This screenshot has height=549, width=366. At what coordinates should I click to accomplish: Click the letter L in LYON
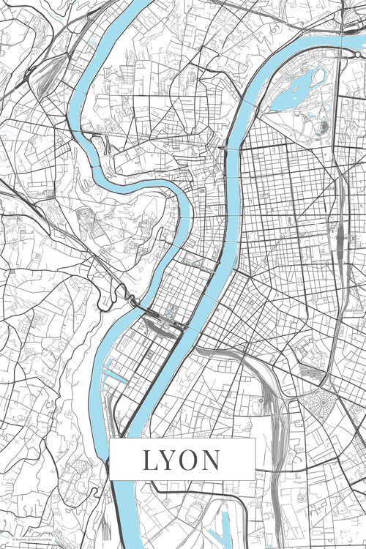pos(150,460)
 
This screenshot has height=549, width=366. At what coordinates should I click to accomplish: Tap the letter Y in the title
pos(171,460)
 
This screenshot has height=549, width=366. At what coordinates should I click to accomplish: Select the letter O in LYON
pos(191,460)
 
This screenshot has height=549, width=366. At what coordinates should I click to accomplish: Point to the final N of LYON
pos(212,460)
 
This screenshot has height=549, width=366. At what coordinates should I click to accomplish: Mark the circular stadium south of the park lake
pos(323,127)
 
